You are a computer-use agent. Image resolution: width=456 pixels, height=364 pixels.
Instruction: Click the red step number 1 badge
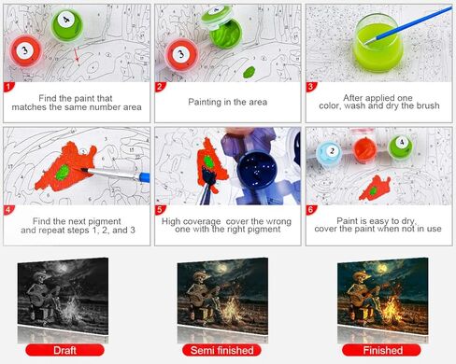pyautogui.click(x=9, y=87)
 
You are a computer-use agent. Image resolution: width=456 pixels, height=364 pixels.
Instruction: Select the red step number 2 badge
pyautogui.click(x=160, y=87)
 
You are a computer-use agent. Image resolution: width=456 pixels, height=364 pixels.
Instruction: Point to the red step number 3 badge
pyautogui.click(x=311, y=87)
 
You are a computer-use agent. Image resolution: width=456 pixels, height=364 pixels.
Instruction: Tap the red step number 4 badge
pyautogui.click(x=9, y=211)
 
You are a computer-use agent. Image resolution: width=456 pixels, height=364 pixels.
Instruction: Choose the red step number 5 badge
pyautogui.click(x=160, y=211)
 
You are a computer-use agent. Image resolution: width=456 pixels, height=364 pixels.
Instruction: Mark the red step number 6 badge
pyautogui.click(x=311, y=211)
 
